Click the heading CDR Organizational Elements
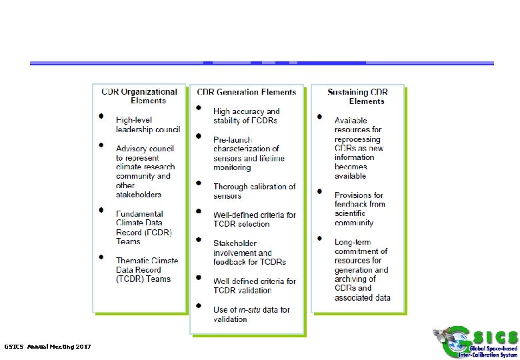pyautogui.click(x=139, y=96)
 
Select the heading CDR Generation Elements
pyautogui.click(x=247, y=92)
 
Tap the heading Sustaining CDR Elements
pyautogui.click(x=358, y=96)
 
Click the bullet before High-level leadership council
pyautogui.click(x=101, y=115)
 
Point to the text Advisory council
pyautogui.click(x=144, y=148)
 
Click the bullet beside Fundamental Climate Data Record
pyautogui.click(x=101, y=209)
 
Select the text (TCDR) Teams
pyautogui.click(x=143, y=279)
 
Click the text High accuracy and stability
pyautogui.click(x=247, y=115)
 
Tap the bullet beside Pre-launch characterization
pyautogui.click(x=199, y=136)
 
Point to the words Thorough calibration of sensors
pyautogui.click(x=254, y=191)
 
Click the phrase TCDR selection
pyautogui.click(x=241, y=224)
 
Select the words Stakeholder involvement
pyautogui.click(x=243, y=248)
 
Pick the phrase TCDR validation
pyautogui.click(x=242, y=290)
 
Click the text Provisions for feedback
pyautogui.click(x=360, y=199)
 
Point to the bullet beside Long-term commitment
pyautogui.click(x=319, y=239)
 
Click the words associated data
pyautogui.click(x=363, y=297)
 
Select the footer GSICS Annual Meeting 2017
pyautogui.click(x=47, y=347)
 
